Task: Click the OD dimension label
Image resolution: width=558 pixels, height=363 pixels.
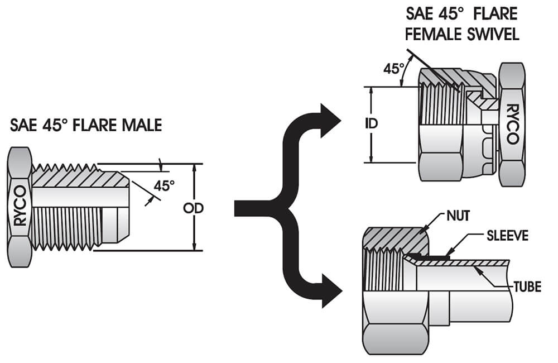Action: (193, 208)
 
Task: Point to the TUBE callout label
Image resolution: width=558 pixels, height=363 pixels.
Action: (527, 288)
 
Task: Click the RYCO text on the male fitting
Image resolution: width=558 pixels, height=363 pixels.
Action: (20, 205)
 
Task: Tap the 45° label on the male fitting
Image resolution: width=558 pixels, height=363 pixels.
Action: (164, 186)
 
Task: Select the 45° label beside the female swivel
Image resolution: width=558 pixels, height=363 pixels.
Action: (394, 69)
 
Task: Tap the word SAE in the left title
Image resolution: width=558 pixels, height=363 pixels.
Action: (23, 125)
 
